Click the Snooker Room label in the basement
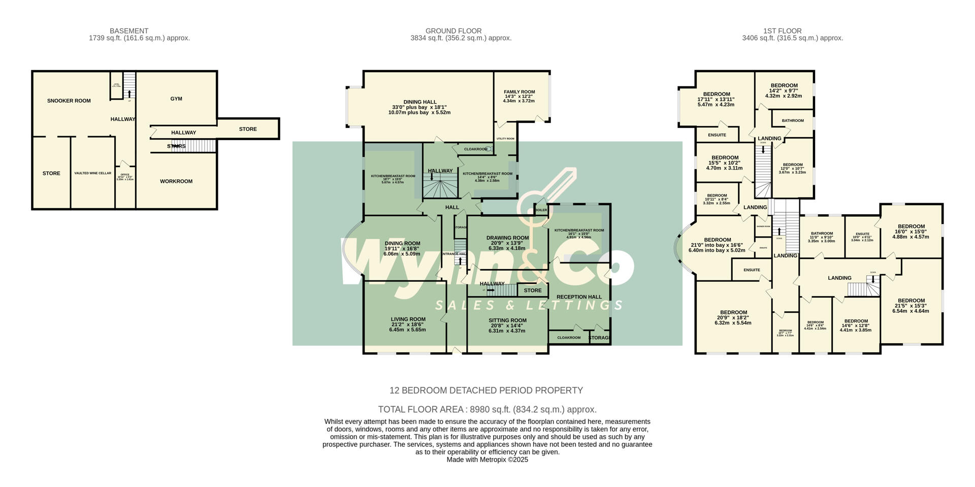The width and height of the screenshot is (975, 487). click(x=69, y=101)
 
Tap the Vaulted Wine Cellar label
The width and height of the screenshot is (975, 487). click(x=92, y=173)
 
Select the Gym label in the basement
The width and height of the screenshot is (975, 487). click(x=176, y=99)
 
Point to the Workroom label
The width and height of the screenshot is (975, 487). click(x=176, y=181)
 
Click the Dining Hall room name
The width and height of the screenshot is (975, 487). click(x=419, y=102)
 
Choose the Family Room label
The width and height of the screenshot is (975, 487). click(x=519, y=92)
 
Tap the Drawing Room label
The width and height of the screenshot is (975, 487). click(x=507, y=238)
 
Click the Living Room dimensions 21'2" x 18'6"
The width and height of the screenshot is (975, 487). click(x=407, y=324)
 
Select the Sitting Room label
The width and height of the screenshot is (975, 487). click(x=507, y=320)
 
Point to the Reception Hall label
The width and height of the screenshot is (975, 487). click(x=579, y=297)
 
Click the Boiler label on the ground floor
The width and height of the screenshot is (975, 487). click(x=541, y=210)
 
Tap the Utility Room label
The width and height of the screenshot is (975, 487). click(x=505, y=139)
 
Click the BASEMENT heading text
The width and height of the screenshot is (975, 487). click(x=129, y=31)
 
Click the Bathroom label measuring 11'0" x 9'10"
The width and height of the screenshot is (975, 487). click(x=821, y=234)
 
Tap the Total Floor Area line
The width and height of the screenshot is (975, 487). click(x=487, y=409)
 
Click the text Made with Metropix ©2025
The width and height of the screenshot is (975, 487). click(x=487, y=460)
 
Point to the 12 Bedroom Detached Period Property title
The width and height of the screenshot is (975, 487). click(x=486, y=391)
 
